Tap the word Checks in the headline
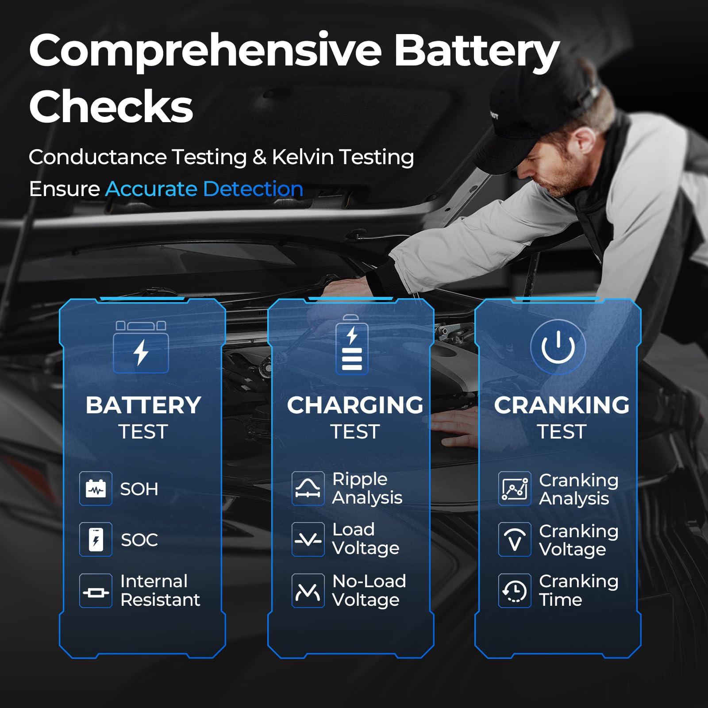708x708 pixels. pos(111,107)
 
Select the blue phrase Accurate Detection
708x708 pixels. pos(204,189)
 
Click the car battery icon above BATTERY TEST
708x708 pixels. pos(141,347)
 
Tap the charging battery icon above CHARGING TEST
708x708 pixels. pos(352,346)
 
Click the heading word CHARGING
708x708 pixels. pos(355,405)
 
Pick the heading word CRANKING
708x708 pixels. pos(562,405)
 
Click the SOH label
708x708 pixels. pos(139,489)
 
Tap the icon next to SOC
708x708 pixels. pos(96,539)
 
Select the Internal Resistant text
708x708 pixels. pos(160,590)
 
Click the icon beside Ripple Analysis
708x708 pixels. pos(308,489)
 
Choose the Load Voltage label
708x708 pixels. pos(366,539)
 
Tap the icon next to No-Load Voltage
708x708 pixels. pos(308,590)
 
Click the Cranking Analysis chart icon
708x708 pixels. pos(515,489)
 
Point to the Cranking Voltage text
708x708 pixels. pos(578,540)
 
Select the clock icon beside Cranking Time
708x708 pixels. pos(515,591)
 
